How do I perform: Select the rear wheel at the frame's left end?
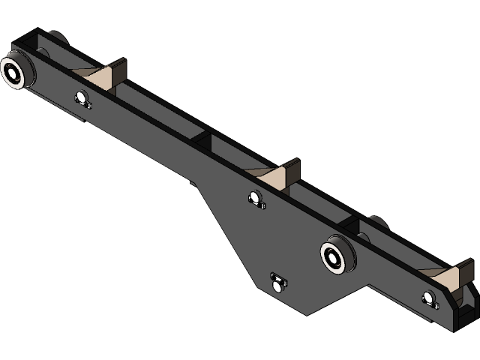55,38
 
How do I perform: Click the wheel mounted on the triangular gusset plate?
334,256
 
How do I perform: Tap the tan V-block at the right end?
447,278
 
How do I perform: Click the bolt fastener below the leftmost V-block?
83,99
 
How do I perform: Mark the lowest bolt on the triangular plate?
278,282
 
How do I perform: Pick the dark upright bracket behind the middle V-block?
294,171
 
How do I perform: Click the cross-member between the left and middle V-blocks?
203,140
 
